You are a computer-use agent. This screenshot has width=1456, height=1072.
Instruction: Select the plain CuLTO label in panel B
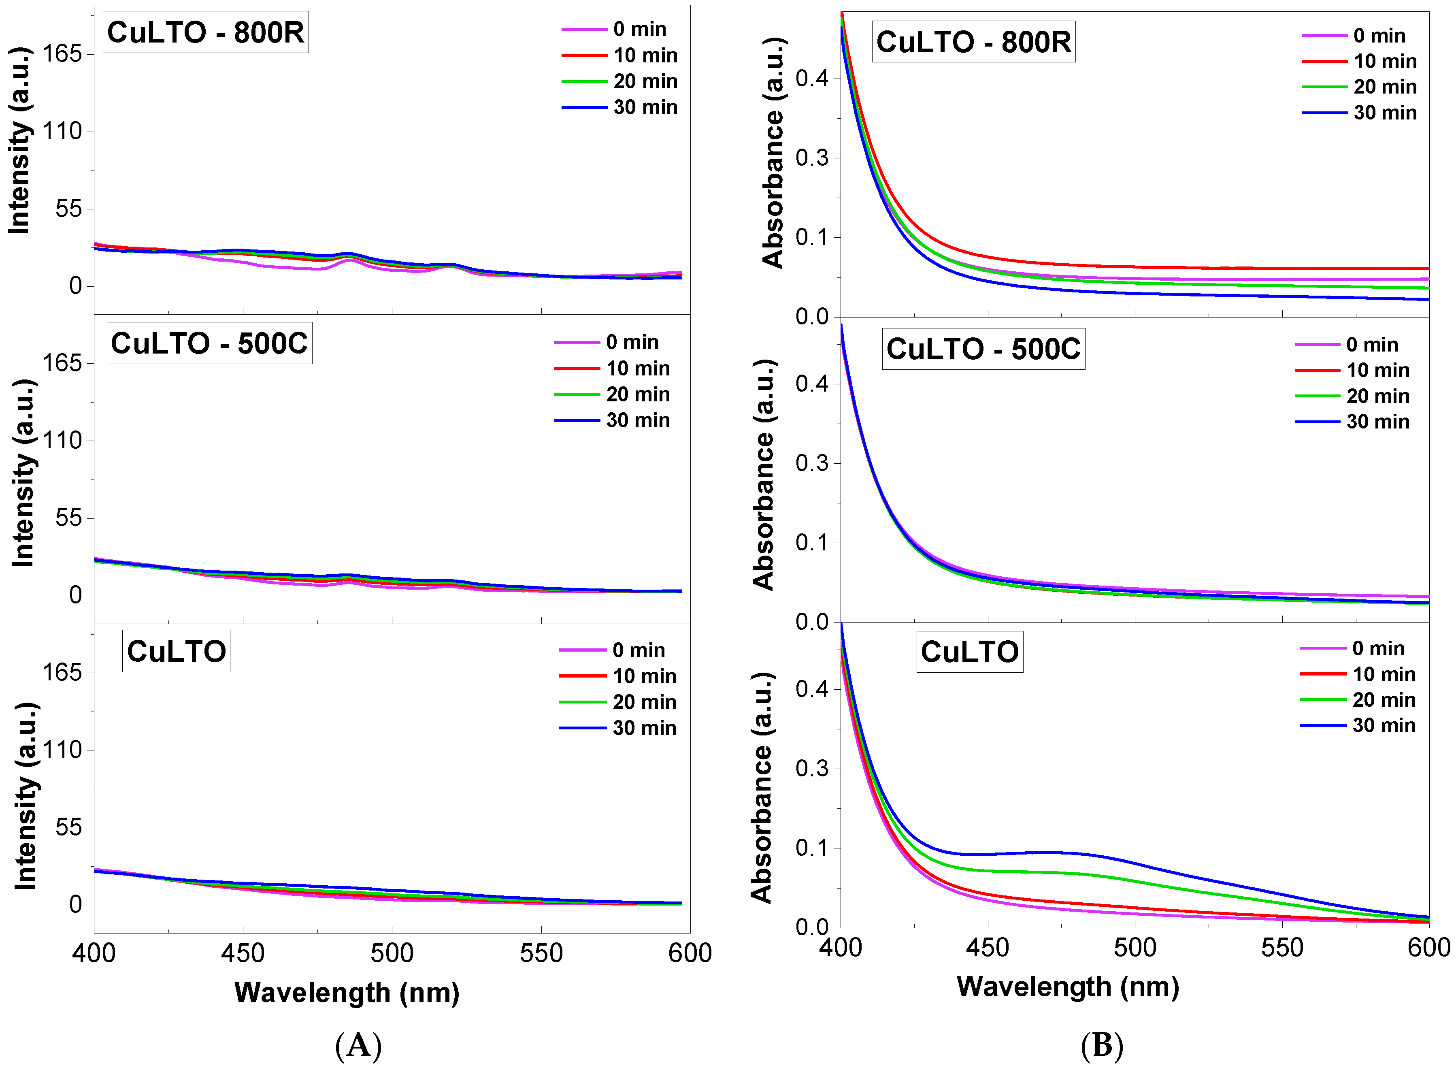(969, 652)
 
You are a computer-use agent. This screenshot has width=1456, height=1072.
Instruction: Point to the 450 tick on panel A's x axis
(243, 953)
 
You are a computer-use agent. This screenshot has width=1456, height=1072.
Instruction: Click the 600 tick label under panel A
(690, 953)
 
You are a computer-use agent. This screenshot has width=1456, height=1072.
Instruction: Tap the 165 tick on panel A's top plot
(62, 53)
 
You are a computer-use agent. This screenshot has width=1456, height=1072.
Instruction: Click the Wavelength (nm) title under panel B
(1067, 986)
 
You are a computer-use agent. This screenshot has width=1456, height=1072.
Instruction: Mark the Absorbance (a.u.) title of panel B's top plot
(773, 153)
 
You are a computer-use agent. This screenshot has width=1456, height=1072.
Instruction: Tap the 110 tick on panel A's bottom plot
(62, 750)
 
